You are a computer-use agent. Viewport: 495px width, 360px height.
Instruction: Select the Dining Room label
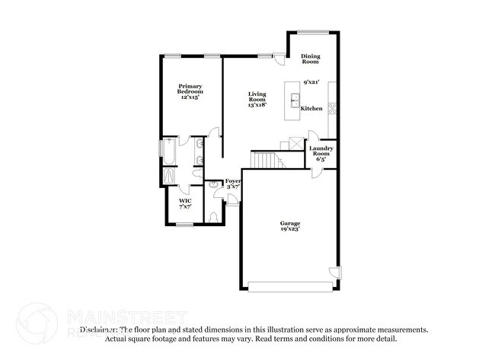[x=310, y=59]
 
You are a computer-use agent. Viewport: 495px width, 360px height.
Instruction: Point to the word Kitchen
[x=311, y=109]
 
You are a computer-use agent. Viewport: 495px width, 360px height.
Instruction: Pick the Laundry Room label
[x=321, y=152]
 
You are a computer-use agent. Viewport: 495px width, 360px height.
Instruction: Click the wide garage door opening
[x=290, y=285]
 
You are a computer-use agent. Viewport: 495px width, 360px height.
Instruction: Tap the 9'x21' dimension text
[x=310, y=81]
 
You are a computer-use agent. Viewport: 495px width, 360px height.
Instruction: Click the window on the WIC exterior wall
[x=183, y=224]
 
